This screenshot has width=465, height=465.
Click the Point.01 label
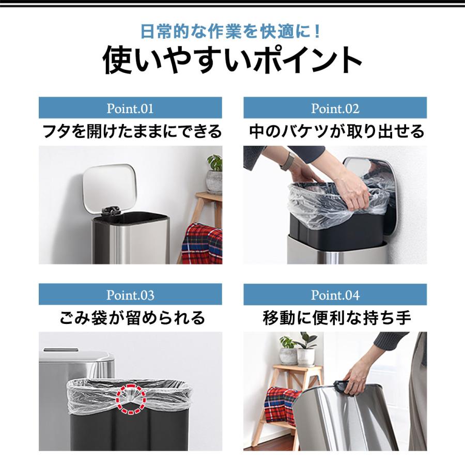pos(130,109)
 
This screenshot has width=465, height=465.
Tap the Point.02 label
pos(335,109)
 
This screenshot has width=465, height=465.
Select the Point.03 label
pos(130,296)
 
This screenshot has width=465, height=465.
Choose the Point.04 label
pos(335,296)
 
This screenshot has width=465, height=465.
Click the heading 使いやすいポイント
pos(233,61)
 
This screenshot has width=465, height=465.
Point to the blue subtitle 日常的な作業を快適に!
pos(233,32)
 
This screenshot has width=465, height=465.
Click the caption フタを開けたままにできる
pos(131,131)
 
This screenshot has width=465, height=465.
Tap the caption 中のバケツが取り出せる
pos(336,131)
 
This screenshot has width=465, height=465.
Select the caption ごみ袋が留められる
pos(131,317)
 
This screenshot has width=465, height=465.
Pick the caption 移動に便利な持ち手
pos(336,317)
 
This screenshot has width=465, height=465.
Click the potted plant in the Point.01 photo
pos(214,174)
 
